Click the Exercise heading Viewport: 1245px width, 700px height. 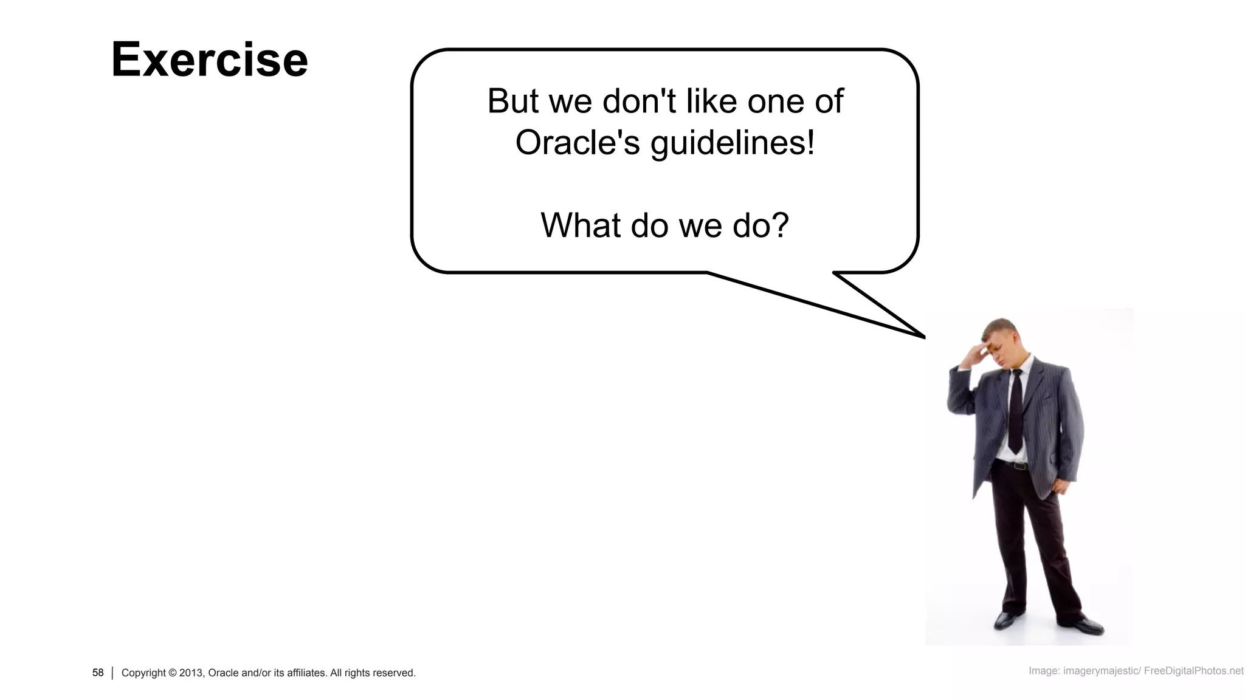click(209, 60)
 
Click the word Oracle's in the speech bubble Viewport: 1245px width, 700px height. click(578, 142)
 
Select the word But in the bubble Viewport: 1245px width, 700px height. click(513, 101)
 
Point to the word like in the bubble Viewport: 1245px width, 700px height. click(708, 101)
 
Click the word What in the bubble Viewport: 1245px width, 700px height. click(581, 225)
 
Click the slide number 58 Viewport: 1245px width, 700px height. click(98, 673)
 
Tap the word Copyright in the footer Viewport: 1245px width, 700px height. click(143, 673)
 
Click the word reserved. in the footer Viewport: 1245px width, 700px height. click(394, 673)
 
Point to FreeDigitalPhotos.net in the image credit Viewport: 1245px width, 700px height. click(1193, 671)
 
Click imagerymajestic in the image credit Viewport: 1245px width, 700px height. click(1100, 671)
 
